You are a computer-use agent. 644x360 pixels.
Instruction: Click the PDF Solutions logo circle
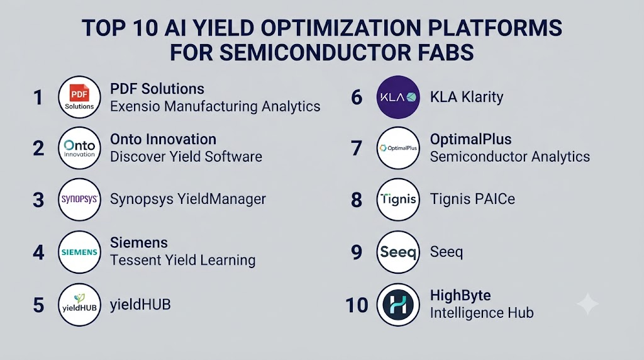coord(79,97)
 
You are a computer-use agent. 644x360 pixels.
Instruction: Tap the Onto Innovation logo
coord(79,148)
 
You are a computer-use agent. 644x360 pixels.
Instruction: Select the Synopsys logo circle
coord(79,200)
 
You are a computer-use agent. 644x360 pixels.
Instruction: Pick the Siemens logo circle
coord(79,252)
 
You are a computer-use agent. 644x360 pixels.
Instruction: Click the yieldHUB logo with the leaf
coord(79,305)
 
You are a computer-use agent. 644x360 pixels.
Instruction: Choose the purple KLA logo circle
coord(398,97)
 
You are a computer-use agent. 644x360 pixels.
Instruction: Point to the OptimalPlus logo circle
coord(398,148)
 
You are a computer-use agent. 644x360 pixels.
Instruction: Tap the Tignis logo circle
coord(398,200)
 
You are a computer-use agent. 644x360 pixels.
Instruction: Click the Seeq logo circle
coord(398,252)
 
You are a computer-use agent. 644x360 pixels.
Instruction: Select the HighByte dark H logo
coord(398,305)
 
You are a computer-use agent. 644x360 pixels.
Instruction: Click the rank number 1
coord(38,98)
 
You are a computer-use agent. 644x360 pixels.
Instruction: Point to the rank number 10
coord(357,305)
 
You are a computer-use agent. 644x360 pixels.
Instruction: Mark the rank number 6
coord(357,98)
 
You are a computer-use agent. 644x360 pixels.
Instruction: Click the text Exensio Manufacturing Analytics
coord(215,106)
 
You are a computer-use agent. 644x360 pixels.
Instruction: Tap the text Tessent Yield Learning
coord(183,260)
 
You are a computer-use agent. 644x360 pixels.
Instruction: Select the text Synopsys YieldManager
coord(187,200)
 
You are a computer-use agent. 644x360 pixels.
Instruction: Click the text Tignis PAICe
coord(472,200)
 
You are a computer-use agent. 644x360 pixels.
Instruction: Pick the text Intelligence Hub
coord(482,313)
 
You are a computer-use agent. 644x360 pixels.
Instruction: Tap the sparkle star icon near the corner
coord(588,304)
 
